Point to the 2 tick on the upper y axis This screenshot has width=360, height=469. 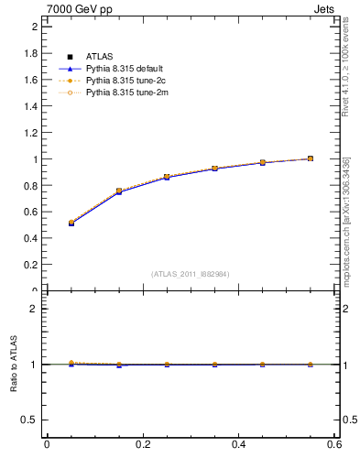(x=34, y=27)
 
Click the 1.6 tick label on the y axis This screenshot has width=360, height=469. (x=29, y=80)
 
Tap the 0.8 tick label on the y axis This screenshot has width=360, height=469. (x=29, y=186)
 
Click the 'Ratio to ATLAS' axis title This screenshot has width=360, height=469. (x=14, y=364)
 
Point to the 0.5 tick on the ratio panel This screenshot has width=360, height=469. (x=29, y=420)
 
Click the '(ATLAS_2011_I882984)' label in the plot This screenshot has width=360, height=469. (x=191, y=274)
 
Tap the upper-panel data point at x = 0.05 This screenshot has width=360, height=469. (x=71, y=223)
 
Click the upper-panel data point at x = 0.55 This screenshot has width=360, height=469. (x=311, y=158)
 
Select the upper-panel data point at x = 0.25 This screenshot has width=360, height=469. (x=167, y=177)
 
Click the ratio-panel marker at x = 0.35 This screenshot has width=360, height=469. (x=214, y=365)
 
